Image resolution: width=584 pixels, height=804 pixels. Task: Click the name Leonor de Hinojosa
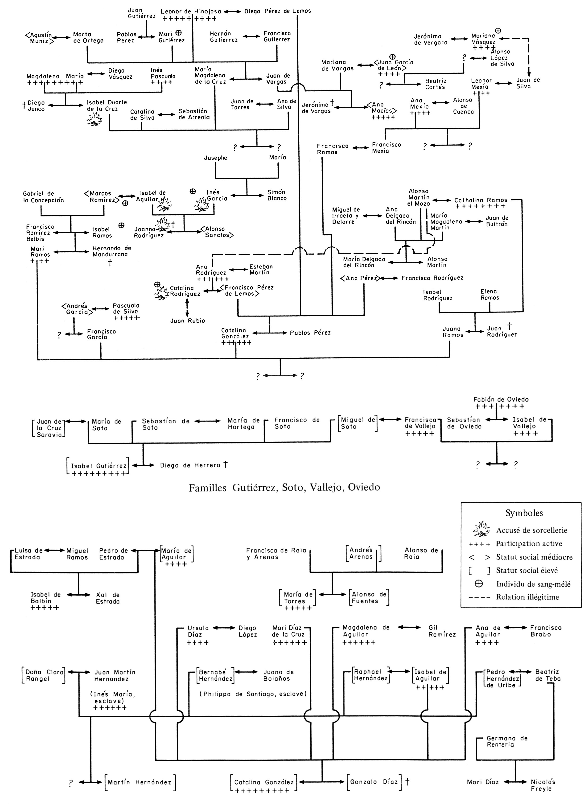(190, 11)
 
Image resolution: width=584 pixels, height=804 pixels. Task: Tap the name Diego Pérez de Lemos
(277, 11)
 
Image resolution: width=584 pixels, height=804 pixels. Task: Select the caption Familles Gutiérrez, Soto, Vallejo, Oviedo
(284, 488)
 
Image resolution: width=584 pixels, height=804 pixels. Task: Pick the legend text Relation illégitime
(527, 597)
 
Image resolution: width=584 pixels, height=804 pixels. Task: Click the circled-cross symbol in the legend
(479, 584)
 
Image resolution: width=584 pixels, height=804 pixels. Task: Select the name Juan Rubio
(187, 321)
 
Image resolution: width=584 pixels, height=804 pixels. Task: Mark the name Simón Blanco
(277, 195)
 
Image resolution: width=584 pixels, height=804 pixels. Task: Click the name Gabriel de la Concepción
(43, 197)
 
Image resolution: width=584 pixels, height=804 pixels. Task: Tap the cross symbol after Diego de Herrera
(225, 464)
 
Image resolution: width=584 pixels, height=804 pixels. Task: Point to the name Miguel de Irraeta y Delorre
(345, 215)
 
